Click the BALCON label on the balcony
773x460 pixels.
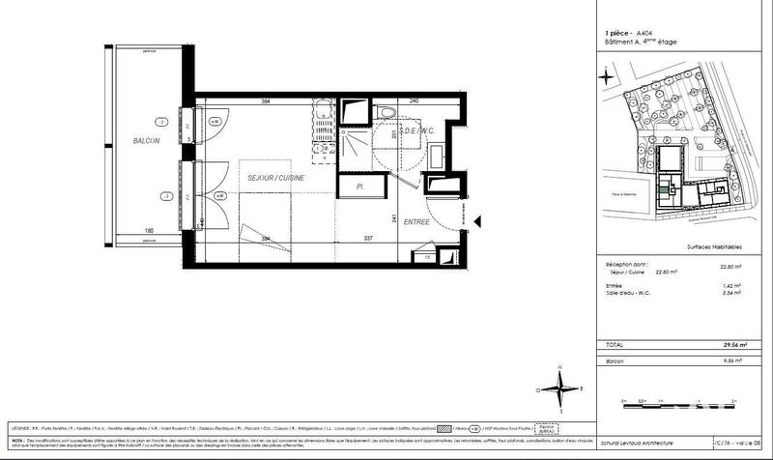point(146,142)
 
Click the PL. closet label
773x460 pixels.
point(358,186)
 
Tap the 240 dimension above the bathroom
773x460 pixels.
point(413,101)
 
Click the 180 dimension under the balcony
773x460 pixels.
point(150,230)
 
